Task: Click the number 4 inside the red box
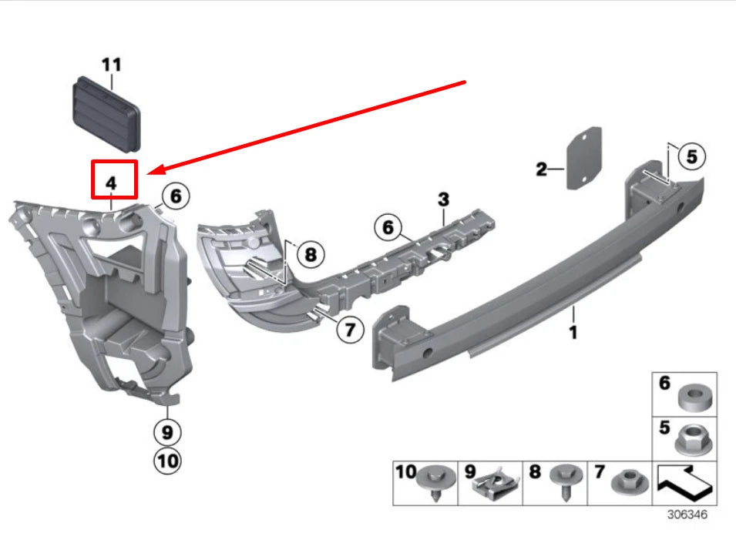[x=111, y=183]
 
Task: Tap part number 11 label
[x=112, y=64]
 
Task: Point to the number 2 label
[x=542, y=169]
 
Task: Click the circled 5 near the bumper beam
[x=691, y=157]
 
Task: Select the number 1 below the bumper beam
[x=573, y=333]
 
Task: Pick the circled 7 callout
[x=350, y=330]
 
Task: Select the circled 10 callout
[x=167, y=461]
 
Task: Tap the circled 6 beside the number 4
[x=175, y=196]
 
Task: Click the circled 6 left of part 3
[x=388, y=228]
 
